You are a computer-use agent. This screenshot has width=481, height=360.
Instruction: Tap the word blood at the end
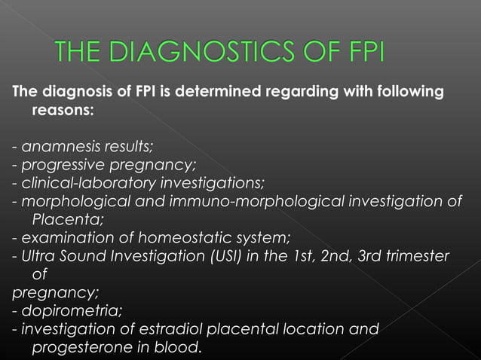[182, 346]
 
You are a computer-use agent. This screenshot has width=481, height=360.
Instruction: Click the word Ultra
[37, 256]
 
